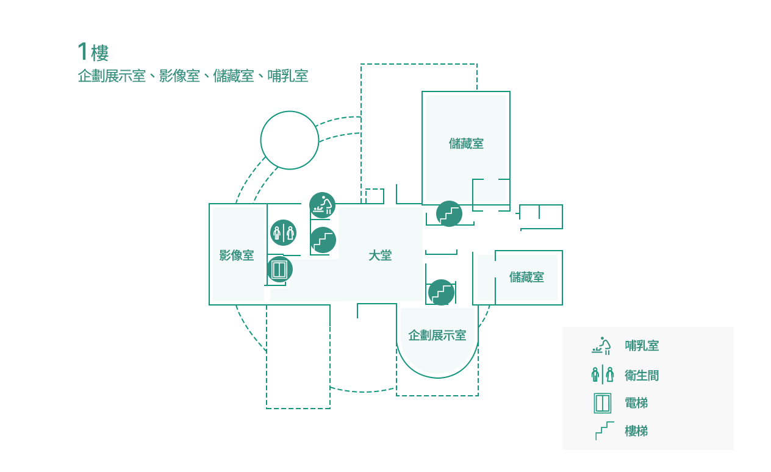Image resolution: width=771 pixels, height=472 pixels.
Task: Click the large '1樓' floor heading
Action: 93,52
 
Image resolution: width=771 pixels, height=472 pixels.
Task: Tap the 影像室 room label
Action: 237,256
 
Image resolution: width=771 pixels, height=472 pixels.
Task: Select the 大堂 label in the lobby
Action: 380,256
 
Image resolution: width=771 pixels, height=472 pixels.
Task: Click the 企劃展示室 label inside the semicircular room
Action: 437,335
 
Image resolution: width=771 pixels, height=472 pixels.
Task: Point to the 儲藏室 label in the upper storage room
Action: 466,143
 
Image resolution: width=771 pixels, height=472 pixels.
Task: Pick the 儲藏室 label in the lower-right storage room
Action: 526,277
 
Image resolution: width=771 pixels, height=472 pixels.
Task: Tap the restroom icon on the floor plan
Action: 283,232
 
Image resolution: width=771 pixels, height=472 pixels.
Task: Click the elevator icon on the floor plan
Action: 279,270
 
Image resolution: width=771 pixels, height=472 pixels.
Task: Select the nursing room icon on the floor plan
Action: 322,205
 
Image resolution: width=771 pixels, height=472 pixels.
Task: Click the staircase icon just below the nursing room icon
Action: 323,240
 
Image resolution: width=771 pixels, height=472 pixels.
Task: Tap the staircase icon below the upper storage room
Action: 449,213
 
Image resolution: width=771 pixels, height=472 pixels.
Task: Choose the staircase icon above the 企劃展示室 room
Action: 441,292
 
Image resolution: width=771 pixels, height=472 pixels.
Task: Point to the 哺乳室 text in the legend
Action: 642,346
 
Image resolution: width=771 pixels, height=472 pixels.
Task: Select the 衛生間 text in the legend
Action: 642,375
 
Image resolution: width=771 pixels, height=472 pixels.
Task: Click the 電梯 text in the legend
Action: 636,403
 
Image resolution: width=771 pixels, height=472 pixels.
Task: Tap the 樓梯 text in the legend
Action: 636,431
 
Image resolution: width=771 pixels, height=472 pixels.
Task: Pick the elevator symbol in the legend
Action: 603,403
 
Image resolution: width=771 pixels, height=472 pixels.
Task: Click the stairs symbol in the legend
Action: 604,431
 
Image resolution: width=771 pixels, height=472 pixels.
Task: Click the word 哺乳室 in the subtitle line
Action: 288,76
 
